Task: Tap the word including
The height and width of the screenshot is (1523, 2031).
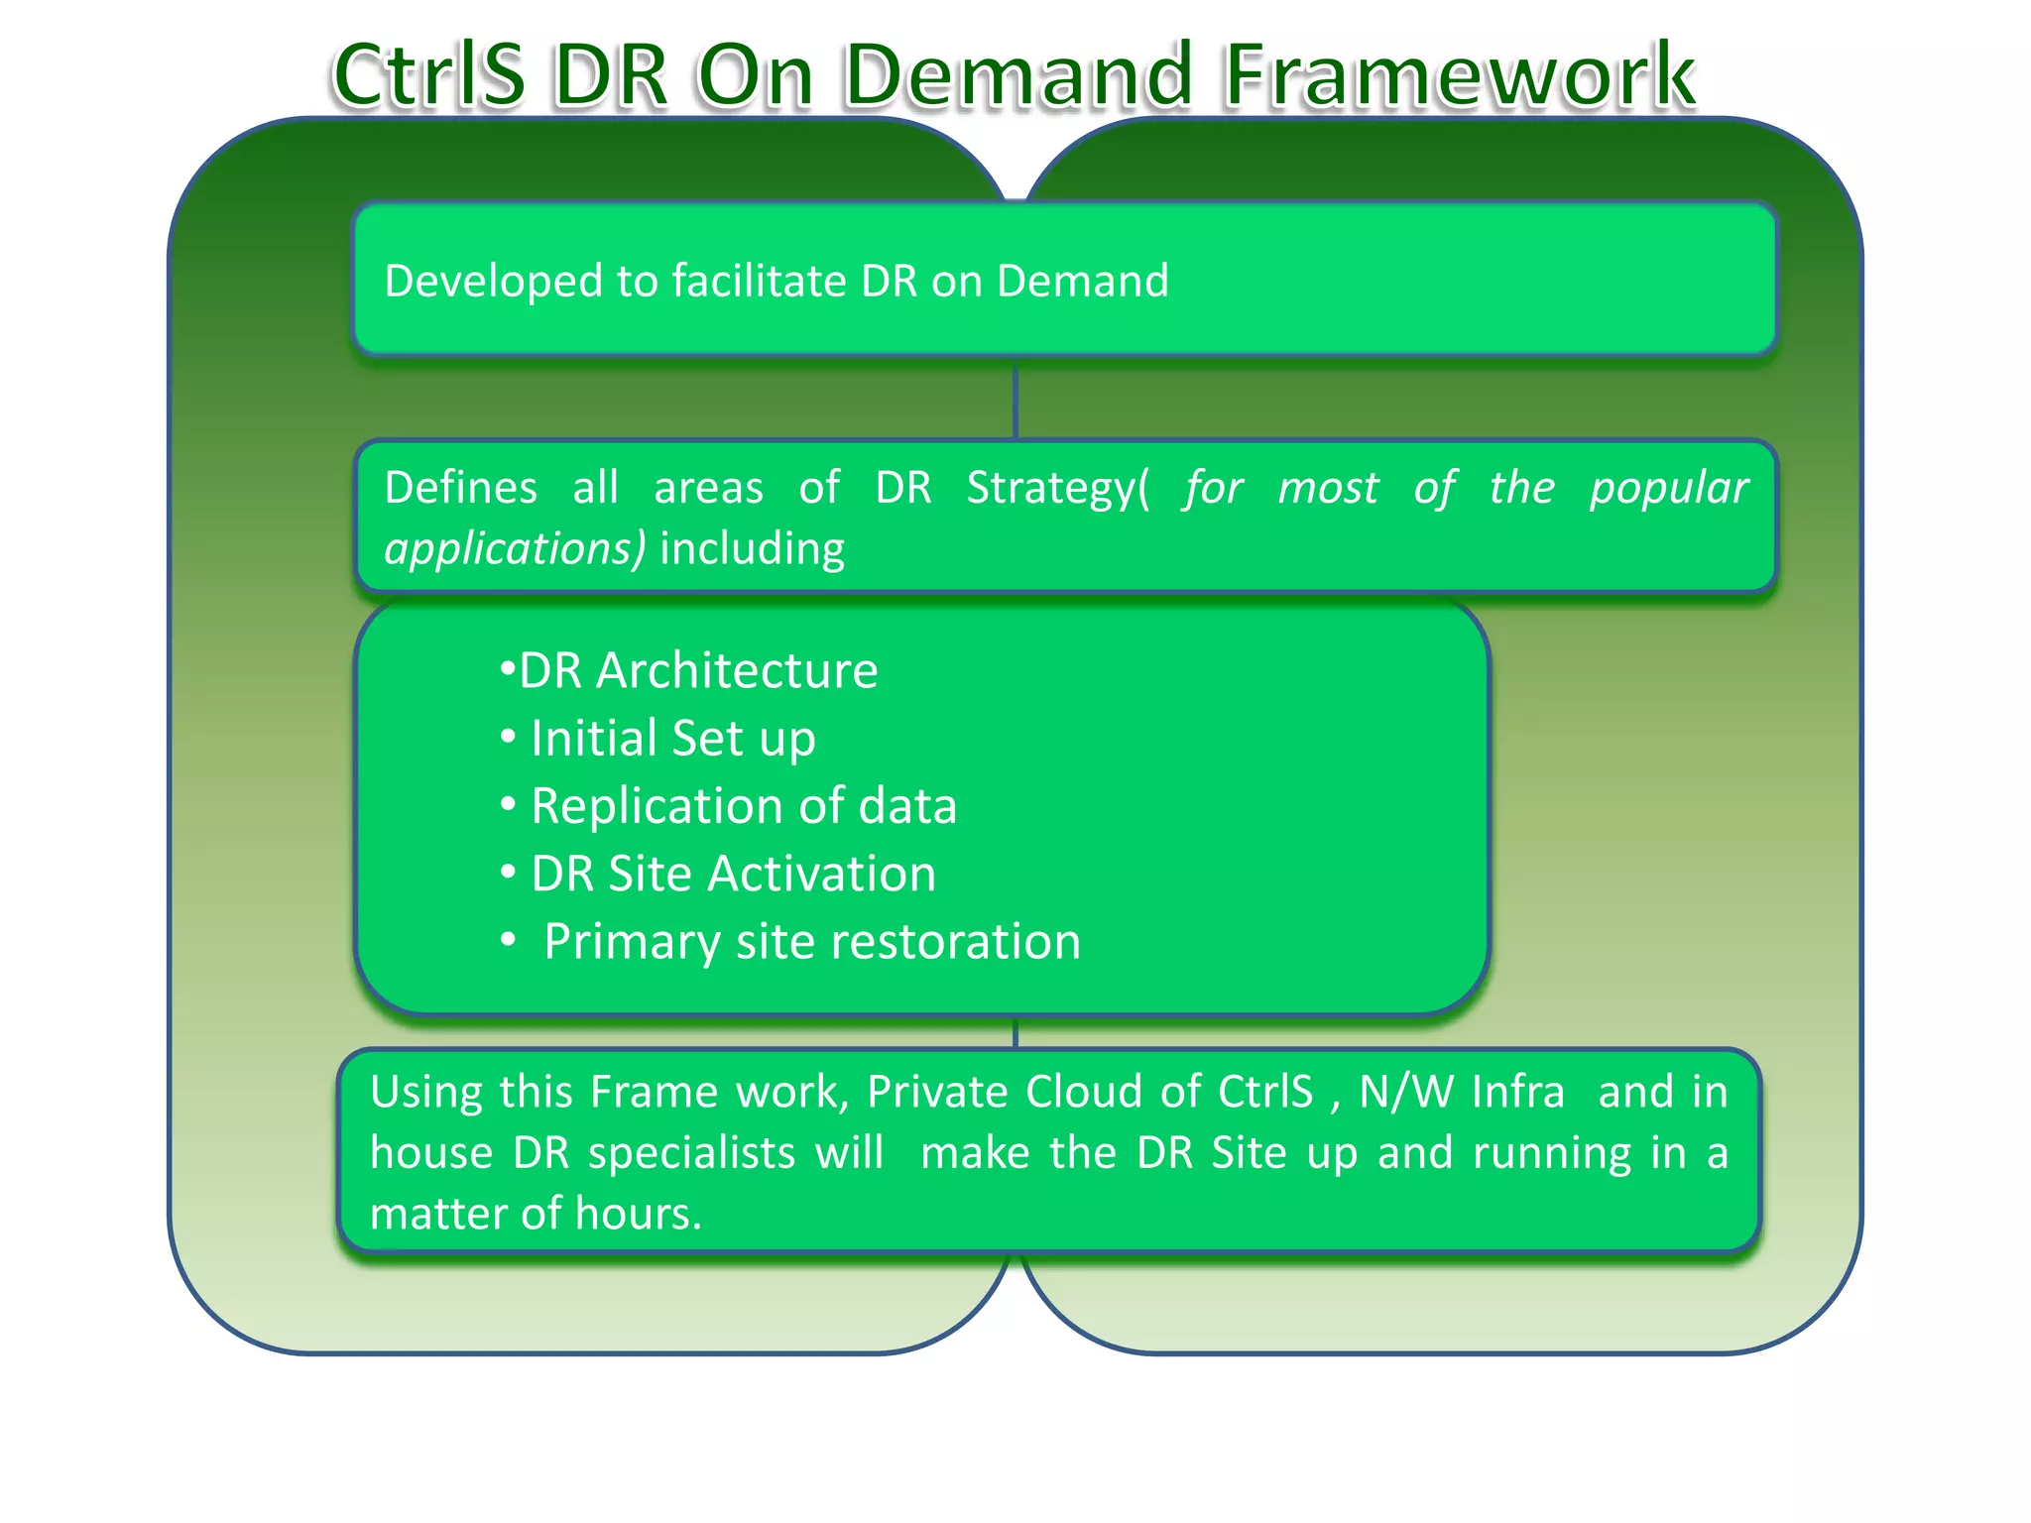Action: point(752,549)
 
